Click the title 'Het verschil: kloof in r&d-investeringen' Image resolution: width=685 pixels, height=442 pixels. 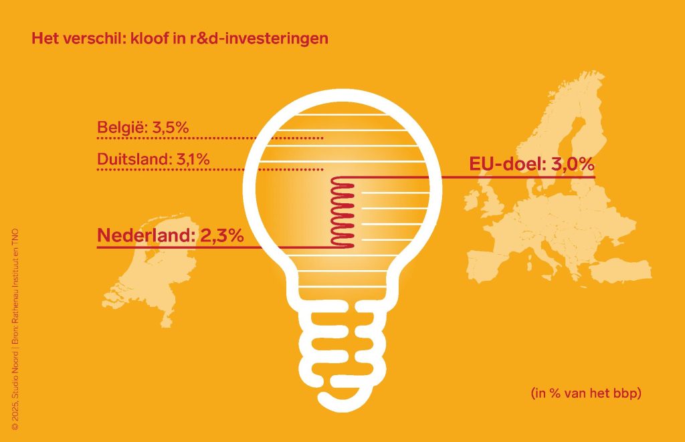click(180, 38)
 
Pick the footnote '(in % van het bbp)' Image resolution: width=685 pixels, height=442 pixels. click(587, 393)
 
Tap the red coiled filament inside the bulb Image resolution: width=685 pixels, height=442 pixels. click(342, 213)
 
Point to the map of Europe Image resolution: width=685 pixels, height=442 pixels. click(562, 221)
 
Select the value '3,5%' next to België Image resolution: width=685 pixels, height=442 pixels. click(171, 127)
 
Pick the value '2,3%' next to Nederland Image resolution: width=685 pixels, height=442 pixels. click(221, 235)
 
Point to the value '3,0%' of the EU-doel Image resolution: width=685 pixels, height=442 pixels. click(573, 164)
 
